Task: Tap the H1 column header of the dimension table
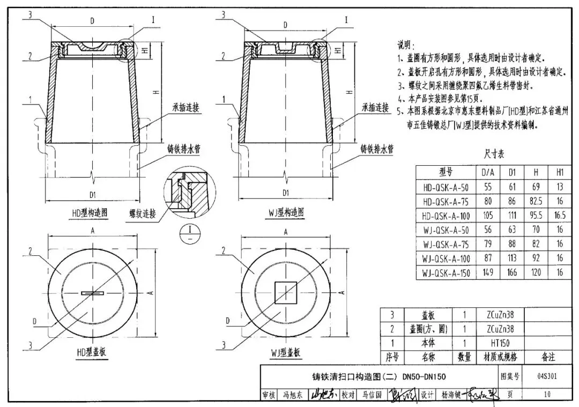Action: [560, 173]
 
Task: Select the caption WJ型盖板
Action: [285, 352]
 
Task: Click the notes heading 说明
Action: [406, 44]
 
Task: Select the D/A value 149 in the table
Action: [488, 273]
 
